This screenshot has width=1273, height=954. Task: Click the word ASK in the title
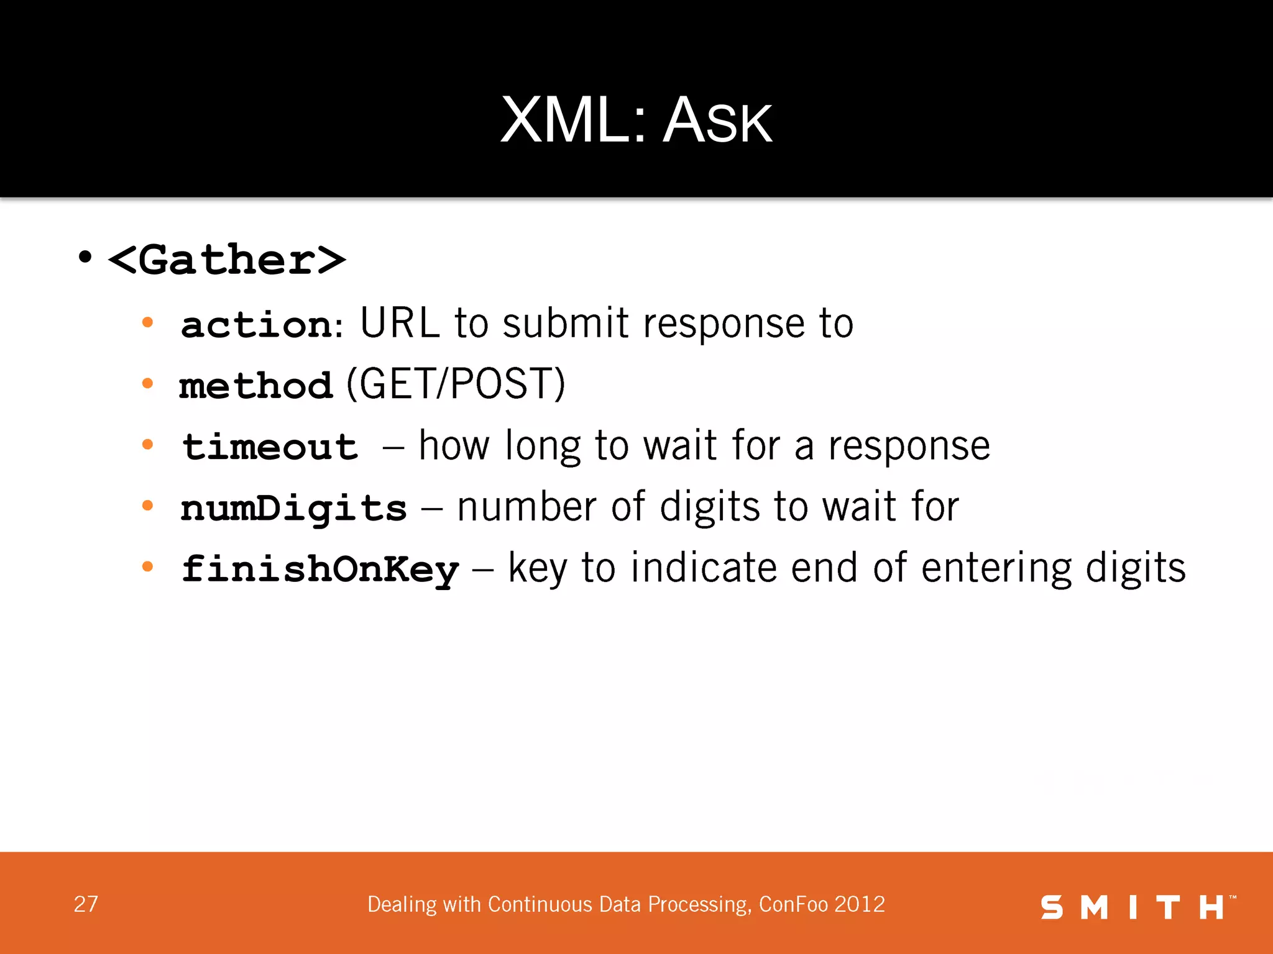click(717, 121)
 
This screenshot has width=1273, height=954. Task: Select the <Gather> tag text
click(227, 260)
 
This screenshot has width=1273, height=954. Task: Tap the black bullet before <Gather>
click(85, 257)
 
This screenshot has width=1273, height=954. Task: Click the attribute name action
click(257, 324)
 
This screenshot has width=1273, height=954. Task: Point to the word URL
click(399, 323)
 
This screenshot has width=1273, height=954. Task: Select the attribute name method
click(256, 386)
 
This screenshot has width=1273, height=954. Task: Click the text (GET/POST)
click(456, 384)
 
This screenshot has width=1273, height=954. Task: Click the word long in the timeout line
click(542, 447)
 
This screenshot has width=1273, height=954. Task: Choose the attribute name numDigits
click(293, 508)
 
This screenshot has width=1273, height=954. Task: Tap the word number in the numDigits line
click(526, 507)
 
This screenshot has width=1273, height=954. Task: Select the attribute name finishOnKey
click(320, 569)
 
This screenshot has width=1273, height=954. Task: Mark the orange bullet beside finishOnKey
click(147, 566)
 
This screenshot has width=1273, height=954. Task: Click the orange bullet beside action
click(147, 322)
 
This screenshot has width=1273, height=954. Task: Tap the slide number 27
click(86, 904)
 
